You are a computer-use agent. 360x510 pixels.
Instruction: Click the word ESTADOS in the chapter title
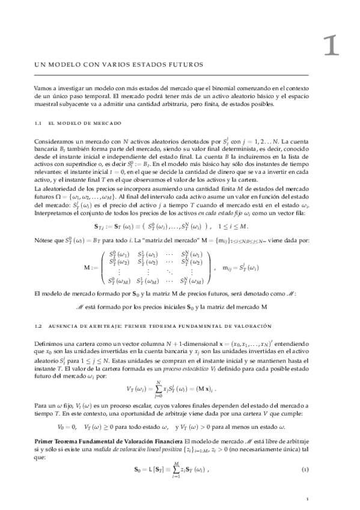(146, 64)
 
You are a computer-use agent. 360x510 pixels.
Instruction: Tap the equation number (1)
(305, 467)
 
